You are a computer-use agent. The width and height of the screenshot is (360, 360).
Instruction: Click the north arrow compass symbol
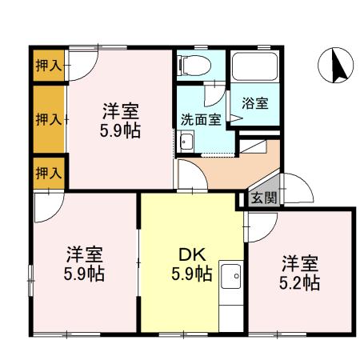click(335, 65)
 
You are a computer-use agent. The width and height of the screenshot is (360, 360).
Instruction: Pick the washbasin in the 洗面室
click(186, 142)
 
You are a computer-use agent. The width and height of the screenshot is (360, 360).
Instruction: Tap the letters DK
click(192, 255)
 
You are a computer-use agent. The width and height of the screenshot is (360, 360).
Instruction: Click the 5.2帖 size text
click(300, 282)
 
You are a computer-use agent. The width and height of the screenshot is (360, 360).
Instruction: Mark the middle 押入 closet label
click(48, 119)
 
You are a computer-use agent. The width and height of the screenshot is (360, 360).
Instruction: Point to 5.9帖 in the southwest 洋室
click(84, 274)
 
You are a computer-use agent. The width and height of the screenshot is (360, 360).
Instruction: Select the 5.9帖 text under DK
click(192, 274)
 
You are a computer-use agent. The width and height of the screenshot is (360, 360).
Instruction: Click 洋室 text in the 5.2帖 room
click(300, 263)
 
